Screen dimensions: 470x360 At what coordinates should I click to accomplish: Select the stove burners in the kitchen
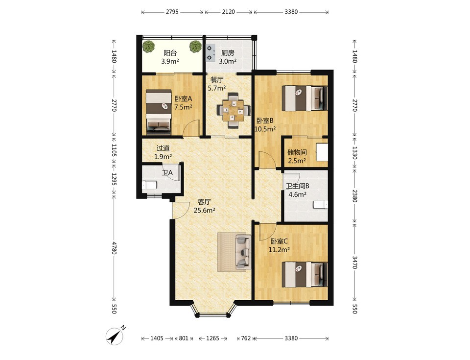point(211,52)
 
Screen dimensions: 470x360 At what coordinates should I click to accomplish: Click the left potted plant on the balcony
point(149,47)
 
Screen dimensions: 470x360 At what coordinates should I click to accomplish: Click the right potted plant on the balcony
point(195,46)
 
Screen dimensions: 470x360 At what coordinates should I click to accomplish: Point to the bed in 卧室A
point(159,112)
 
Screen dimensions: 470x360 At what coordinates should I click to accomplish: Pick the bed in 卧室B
point(305,98)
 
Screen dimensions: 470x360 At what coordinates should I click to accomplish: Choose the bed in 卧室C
point(305,274)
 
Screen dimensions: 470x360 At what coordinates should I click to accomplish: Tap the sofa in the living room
point(243,252)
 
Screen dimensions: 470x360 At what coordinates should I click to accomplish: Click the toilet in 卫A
point(149,186)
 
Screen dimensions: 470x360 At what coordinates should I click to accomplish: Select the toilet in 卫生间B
point(320,205)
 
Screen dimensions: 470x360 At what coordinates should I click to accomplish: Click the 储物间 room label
point(297,152)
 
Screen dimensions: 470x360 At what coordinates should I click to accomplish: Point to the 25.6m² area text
point(205,210)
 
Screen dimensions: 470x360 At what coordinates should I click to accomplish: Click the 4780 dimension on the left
point(114,248)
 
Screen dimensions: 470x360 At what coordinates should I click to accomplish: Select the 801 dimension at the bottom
point(184,338)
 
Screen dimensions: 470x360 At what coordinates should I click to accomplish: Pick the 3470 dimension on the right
point(354,262)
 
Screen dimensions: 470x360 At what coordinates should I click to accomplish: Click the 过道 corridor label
point(163,148)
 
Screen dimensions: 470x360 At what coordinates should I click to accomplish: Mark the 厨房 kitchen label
point(228,53)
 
